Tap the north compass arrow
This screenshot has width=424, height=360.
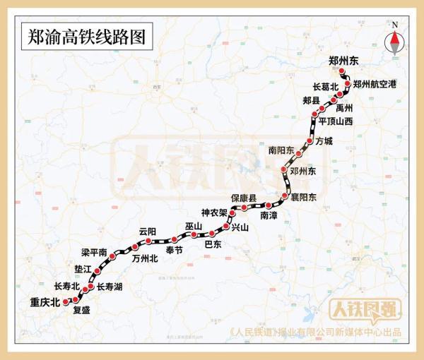395,43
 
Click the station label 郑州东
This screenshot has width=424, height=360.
344,61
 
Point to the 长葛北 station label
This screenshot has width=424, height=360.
326,88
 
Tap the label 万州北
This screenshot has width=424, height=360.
145,258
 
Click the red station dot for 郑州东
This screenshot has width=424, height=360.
341,72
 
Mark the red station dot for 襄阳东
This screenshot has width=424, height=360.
285,196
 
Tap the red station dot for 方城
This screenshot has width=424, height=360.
310,141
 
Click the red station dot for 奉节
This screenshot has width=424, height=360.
174,237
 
